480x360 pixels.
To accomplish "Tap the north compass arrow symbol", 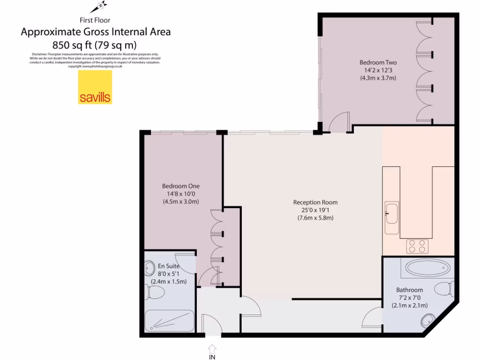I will (99, 7).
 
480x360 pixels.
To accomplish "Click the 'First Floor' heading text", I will (95, 20).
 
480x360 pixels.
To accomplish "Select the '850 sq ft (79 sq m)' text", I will (95, 45).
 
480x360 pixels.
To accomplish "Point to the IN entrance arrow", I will (212, 349).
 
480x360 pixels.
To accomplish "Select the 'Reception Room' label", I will (315, 202).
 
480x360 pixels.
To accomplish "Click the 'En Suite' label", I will (168, 266).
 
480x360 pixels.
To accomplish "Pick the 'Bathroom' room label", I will (409, 290).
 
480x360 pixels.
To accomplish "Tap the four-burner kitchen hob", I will (417, 246).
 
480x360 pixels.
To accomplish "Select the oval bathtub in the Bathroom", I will (427, 268).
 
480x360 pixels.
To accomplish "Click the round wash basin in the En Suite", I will (150, 269).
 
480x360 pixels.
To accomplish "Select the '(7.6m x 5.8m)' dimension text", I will (315, 218).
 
